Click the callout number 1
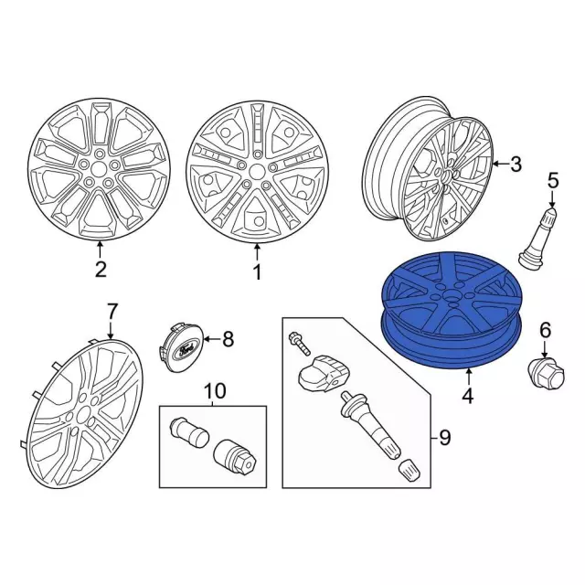click(x=258, y=272)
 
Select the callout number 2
click(x=101, y=270)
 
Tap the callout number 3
click(x=516, y=165)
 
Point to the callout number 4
click(x=467, y=396)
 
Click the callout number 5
click(x=553, y=181)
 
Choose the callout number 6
click(x=546, y=331)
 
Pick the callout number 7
click(x=112, y=311)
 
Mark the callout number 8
click(x=228, y=339)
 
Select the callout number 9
click(x=445, y=437)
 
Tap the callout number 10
click(x=216, y=391)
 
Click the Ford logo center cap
click(x=181, y=347)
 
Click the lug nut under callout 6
click(x=547, y=375)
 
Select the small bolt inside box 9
click(x=299, y=343)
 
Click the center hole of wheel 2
click(x=98, y=169)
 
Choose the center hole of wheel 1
click(x=257, y=172)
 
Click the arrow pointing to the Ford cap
click(x=211, y=339)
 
